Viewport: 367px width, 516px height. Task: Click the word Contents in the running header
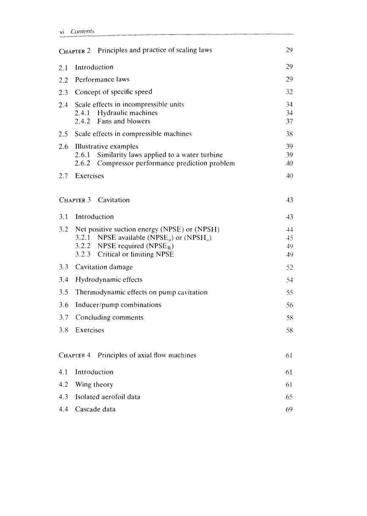pyautogui.click(x=82, y=31)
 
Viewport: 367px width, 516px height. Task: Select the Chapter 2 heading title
pyautogui.click(x=155, y=50)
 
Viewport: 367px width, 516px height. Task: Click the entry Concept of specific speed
pyautogui.click(x=113, y=92)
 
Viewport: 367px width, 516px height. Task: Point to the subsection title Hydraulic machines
pyautogui.click(x=127, y=113)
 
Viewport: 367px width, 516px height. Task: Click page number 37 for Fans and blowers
pyautogui.click(x=289, y=121)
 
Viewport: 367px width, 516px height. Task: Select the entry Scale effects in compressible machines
pyautogui.click(x=133, y=134)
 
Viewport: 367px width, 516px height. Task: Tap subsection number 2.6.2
pyautogui.click(x=83, y=163)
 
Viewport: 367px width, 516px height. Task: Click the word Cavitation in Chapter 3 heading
pyautogui.click(x=113, y=200)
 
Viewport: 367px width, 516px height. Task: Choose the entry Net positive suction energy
pyautogui.click(x=147, y=230)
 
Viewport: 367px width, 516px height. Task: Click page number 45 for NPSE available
pyautogui.click(x=290, y=238)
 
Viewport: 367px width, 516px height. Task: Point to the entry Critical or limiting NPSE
pyautogui.click(x=135, y=254)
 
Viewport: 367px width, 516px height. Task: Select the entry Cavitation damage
pyautogui.click(x=104, y=267)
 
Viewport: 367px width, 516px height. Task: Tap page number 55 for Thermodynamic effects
pyautogui.click(x=290, y=293)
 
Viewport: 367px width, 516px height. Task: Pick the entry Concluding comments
pyautogui.click(x=109, y=318)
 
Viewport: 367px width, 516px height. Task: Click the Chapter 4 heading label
pyautogui.click(x=75, y=355)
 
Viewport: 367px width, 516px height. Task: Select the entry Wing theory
pyautogui.click(x=94, y=385)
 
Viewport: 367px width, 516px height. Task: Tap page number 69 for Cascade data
pyautogui.click(x=289, y=410)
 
